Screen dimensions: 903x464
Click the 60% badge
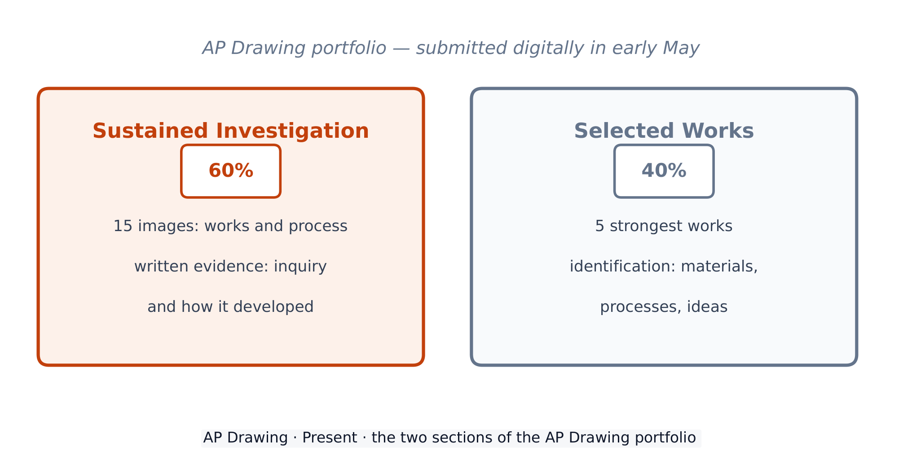tap(231, 171)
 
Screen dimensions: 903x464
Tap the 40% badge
tap(664, 171)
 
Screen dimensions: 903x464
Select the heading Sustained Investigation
tap(231, 131)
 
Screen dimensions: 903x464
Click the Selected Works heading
tap(664, 131)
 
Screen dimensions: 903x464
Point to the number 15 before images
tap(123, 226)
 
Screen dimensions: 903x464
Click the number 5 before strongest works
tap(600, 226)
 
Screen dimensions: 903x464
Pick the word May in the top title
tap(681, 48)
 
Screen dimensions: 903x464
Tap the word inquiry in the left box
tap(300, 267)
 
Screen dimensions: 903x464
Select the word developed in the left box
tap(274, 307)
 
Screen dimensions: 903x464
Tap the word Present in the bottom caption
tap(330, 438)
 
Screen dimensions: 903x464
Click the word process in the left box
tap(318, 226)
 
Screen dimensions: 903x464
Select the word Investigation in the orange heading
tap(292, 131)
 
